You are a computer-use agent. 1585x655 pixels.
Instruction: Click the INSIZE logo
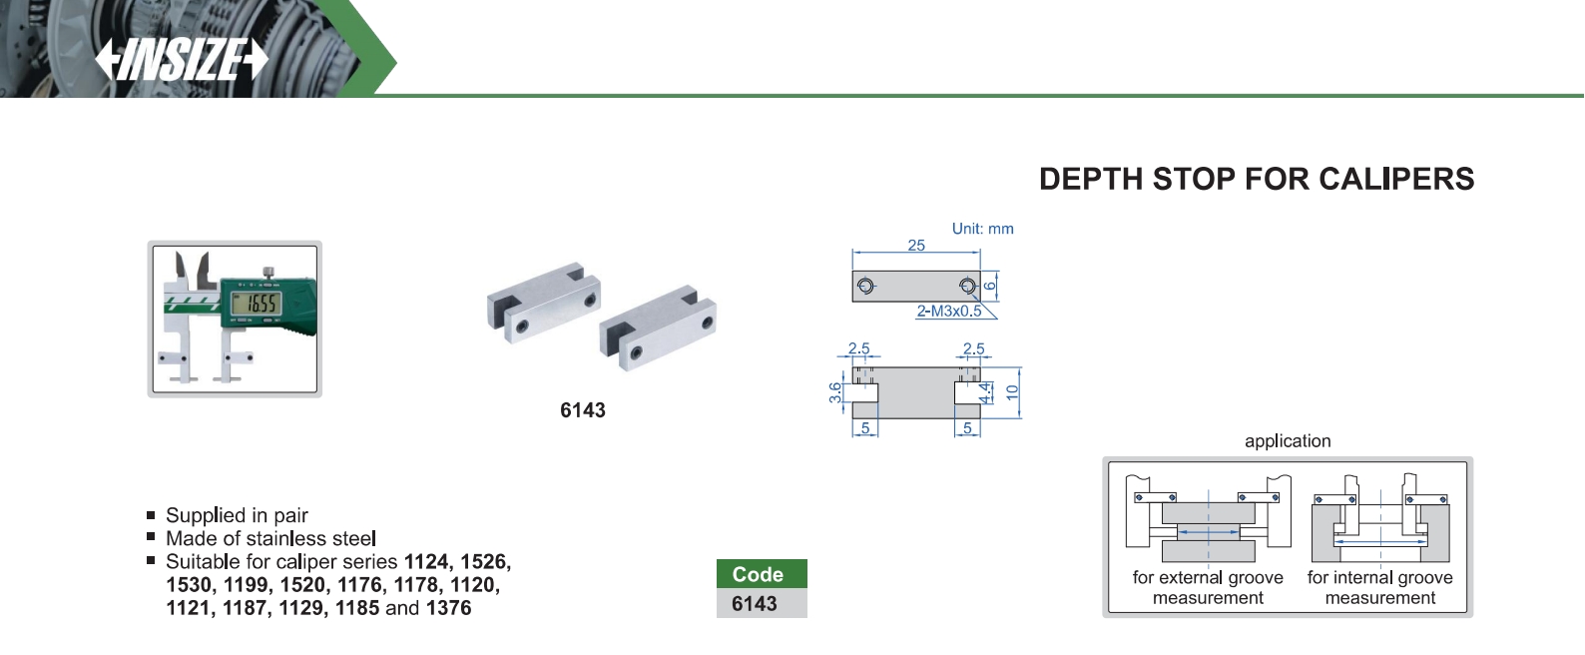tap(182, 59)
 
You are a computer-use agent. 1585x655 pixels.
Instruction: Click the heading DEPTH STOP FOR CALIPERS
tap(1257, 179)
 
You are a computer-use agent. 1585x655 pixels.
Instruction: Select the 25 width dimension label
tap(916, 245)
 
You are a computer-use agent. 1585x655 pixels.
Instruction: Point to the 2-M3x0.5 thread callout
tap(949, 311)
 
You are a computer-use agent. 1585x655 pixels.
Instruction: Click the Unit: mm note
tap(982, 229)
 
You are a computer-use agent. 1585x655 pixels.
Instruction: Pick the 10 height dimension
tap(1012, 392)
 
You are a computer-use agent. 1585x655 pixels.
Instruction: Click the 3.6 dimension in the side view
tap(835, 392)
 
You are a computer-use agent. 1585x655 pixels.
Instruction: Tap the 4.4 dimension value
tap(985, 393)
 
